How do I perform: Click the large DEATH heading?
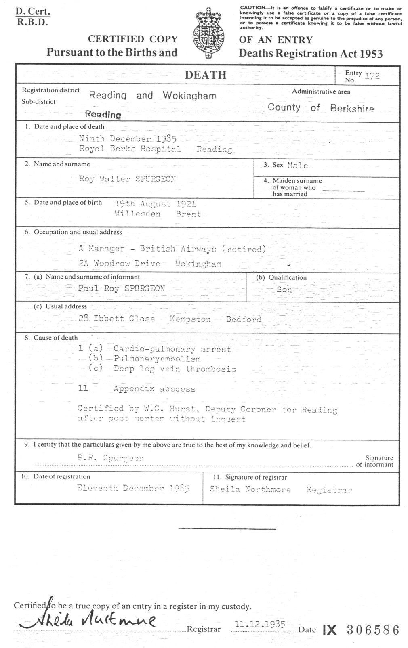pyautogui.click(x=206, y=75)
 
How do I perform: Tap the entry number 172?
pyautogui.click(x=372, y=76)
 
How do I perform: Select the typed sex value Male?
pyautogui.click(x=298, y=165)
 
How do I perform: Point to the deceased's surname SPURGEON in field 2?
pyautogui.click(x=156, y=179)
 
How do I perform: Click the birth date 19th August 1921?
pyautogui.click(x=156, y=204)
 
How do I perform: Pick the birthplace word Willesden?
pyautogui.click(x=137, y=214)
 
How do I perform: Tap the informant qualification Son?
pyautogui.click(x=284, y=289)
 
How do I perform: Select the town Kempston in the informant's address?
pyautogui.click(x=190, y=319)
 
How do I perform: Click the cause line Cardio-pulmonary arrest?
pyautogui.click(x=172, y=349)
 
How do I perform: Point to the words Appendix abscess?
pyautogui.click(x=154, y=389)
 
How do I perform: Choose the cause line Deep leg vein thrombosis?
pyautogui.click(x=175, y=369)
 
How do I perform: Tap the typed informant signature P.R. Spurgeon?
pyautogui.click(x=110, y=458)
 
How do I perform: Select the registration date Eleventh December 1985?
pyautogui.click(x=133, y=488)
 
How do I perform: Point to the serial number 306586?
pyautogui.click(x=373, y=630)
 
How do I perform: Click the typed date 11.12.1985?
pyautogui.click(x=259, y=624)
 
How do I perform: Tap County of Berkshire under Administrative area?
pyautogui.click(x=321, y=108)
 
